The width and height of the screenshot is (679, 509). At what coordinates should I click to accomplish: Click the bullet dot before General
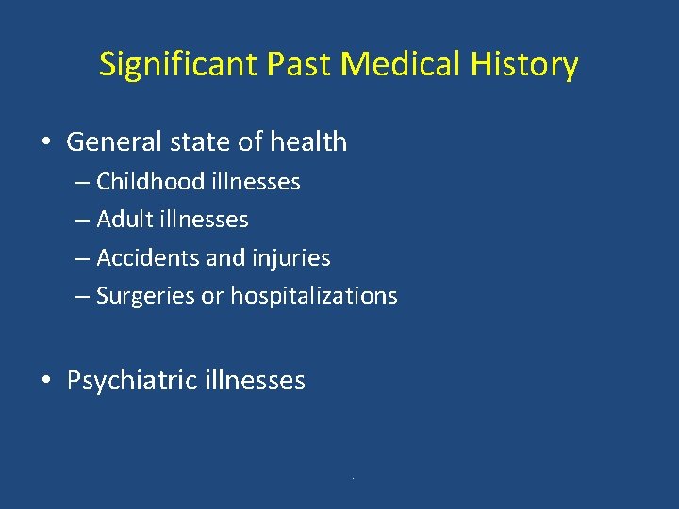pos(45,143)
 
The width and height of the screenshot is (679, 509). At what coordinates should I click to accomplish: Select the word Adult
pos(124,220)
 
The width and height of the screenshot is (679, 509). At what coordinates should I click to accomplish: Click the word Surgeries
pos(146,296)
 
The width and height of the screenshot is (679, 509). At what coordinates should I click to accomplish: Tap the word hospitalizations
pos(314,296)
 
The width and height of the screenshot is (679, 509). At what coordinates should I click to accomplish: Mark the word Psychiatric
pos(126,381)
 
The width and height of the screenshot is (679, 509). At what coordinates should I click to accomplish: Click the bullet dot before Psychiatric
pos(45,382)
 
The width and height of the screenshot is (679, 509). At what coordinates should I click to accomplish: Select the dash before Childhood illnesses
pos(82,182)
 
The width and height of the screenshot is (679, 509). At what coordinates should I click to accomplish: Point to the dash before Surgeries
pos(82,296)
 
